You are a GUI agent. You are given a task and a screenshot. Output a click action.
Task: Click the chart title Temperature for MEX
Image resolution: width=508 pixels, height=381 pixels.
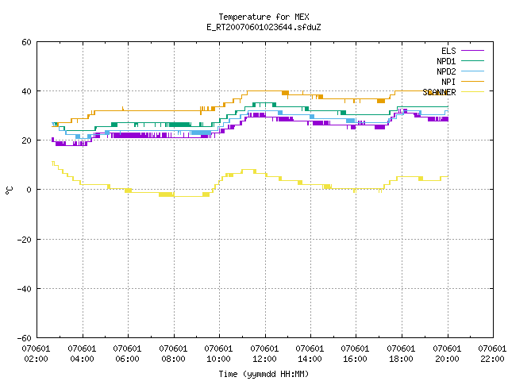[x=264, y=17]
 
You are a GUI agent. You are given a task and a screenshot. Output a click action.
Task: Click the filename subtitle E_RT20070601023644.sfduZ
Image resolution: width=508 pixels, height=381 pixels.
[x=264, y=27]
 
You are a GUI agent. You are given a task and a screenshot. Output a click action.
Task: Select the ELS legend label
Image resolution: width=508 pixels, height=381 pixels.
[x=448, y=51]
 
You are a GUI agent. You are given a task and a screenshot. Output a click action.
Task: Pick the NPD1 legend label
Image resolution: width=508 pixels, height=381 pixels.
[x=446, y=61]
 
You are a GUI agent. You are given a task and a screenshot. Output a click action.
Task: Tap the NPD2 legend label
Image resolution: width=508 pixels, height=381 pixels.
[x=446, y=71]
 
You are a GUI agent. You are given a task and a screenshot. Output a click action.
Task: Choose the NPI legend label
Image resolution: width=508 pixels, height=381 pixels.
[x=448, y=82]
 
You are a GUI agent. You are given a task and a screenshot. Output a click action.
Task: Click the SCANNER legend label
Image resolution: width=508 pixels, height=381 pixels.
[x=439, y=92]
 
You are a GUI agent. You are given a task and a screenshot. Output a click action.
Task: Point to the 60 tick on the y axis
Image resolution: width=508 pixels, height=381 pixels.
[x=26, y=42]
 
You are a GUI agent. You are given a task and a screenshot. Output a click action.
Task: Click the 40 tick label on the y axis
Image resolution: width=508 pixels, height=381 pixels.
[x=26, y=91]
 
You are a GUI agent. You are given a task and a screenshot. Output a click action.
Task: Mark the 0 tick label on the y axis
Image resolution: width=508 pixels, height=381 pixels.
[x=29, y=190]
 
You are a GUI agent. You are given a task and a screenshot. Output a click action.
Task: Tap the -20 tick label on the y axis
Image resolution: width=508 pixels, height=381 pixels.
[x=25, y=240]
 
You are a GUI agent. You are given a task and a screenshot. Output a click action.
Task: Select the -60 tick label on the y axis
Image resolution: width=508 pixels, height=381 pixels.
[x=25, y=338]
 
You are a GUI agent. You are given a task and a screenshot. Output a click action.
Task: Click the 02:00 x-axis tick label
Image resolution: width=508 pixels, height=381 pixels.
[x=36, y=359]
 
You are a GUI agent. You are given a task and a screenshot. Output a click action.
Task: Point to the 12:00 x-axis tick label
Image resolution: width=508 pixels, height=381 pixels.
[x=264, y=359]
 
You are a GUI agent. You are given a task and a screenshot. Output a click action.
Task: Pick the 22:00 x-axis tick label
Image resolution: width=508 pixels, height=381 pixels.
[x=492, y=359]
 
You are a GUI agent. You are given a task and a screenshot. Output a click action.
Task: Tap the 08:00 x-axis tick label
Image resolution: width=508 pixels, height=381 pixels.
[x=173, y=359]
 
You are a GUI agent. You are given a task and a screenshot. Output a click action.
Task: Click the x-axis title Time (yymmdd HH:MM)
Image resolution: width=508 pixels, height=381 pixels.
[x=264, y=374]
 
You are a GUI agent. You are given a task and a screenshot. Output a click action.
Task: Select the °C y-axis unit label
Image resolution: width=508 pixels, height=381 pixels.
[x=10, y=190]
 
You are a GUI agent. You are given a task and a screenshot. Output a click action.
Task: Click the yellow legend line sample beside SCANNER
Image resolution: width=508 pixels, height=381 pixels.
[x=472, y=92]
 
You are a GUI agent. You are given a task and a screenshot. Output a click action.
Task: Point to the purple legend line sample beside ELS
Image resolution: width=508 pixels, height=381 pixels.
[x=472, y=51]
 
